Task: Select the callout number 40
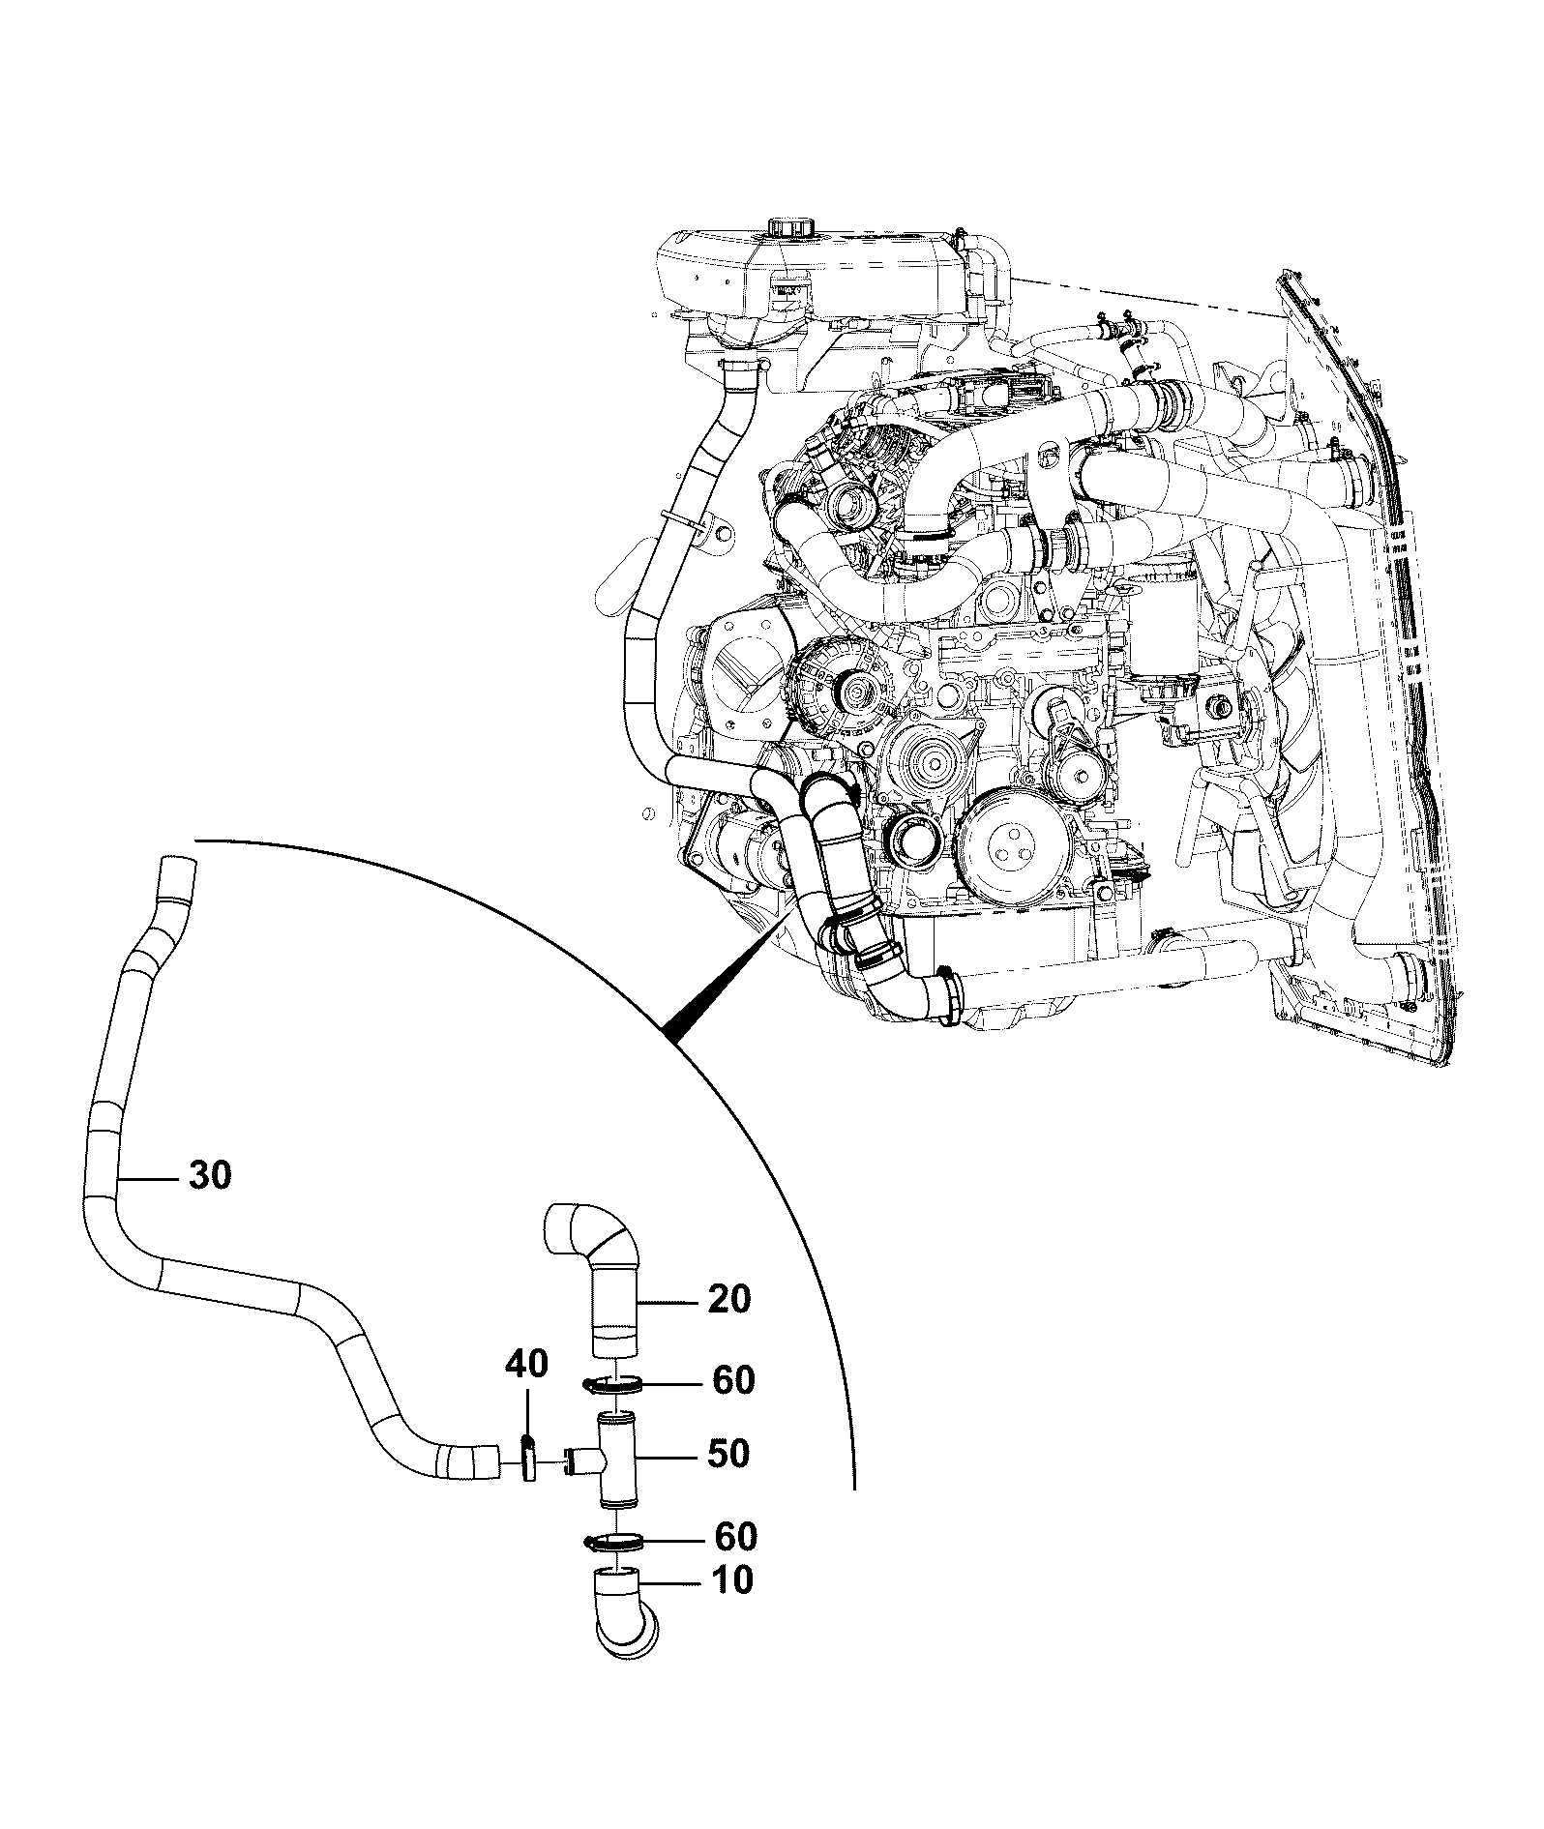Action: pos(526,1365)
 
